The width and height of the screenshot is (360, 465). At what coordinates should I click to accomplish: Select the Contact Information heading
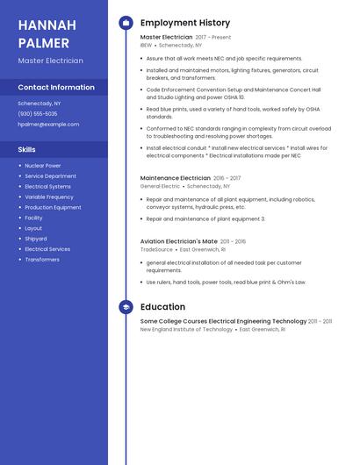point(56,88)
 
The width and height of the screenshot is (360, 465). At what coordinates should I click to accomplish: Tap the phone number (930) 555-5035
point(38,114)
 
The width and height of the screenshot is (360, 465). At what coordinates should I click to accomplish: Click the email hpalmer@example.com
point(48,125)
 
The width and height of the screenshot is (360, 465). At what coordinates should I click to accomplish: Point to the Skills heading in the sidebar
point(26,150)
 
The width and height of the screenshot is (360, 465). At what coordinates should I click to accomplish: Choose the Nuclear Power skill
point(43,166)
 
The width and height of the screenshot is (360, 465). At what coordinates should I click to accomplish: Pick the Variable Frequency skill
point(49,197)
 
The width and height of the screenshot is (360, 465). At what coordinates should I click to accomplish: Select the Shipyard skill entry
point(36,239)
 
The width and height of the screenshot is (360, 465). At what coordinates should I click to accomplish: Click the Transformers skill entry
point(42,260)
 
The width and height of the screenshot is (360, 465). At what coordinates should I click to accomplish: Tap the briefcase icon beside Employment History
point(126,23)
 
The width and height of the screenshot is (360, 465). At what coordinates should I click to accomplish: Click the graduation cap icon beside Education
point(126,307)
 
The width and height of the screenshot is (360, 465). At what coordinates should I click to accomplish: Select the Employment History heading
point(185,23)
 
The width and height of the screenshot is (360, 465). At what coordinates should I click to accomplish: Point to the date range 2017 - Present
point(213,38)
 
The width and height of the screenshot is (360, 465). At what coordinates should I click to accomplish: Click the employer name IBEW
point(146,46)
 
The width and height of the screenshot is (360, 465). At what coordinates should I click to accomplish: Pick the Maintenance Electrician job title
point(176,178)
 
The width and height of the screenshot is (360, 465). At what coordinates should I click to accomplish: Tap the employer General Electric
point(160,186)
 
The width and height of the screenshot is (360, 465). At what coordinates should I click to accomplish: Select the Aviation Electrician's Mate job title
point(179,241)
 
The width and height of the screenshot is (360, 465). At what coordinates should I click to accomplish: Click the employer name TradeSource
point(157,249)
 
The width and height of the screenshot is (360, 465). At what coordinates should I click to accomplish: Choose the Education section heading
point(162,307)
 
